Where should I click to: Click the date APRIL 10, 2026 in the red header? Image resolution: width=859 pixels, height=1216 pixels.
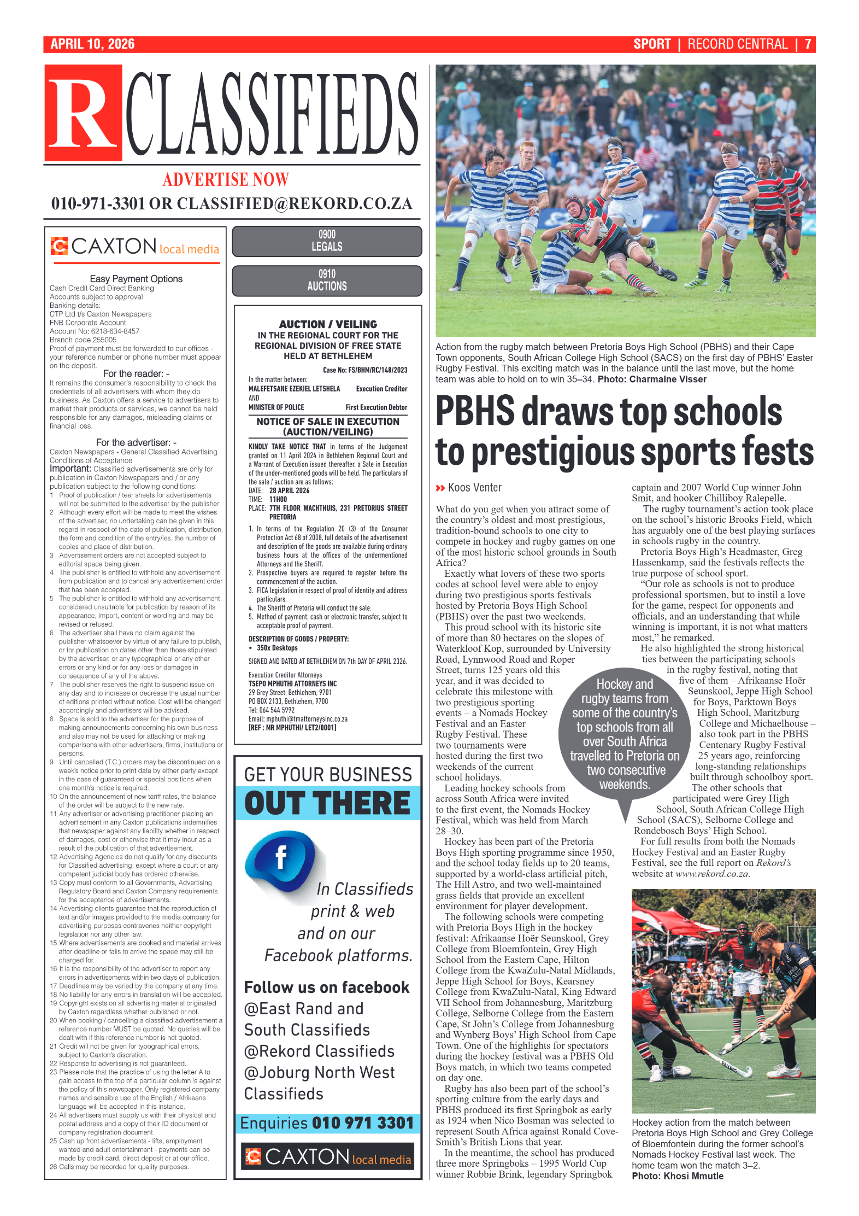[92, 44]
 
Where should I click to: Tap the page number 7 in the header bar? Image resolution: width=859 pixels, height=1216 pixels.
[807, 44]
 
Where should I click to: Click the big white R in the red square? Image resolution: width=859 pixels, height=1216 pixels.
[83, 114]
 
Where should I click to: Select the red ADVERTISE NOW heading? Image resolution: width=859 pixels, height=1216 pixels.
[226, 179]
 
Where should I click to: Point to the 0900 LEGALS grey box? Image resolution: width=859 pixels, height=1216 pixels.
[327, 241]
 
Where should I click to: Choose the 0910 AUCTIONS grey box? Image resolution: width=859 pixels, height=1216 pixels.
[327, 280]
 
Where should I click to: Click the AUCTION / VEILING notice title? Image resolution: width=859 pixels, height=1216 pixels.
[328, 324]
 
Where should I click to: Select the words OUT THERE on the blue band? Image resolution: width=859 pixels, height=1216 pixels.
[327, 803]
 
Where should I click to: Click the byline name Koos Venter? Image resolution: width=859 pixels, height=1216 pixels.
[474, 488]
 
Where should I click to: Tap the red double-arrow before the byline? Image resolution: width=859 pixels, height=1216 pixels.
[440, 488]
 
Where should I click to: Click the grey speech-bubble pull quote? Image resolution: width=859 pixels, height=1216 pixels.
[625, 734]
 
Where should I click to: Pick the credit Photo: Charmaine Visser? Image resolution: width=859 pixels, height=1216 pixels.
[651, 379]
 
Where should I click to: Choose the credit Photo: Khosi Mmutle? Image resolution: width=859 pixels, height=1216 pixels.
[678, 1176]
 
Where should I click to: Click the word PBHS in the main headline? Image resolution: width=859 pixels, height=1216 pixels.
[475, 411]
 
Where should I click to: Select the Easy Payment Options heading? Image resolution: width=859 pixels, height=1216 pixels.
[136, 279]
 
